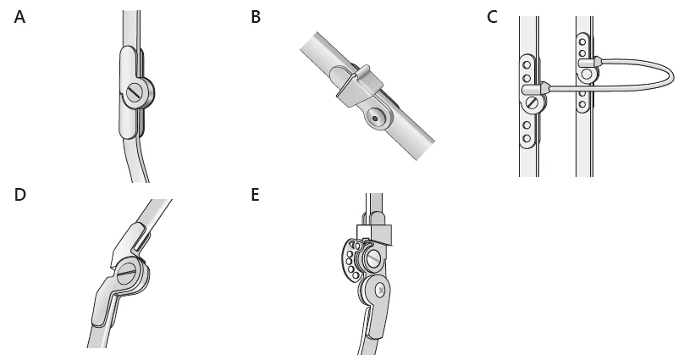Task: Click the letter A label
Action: point(19,18)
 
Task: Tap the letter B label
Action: point(256,18)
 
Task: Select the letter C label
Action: point(492,18)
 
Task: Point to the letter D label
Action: point(20,195)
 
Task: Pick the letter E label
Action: point(255,195)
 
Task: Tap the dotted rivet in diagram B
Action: point(375,118)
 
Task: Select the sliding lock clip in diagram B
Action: point(359,86)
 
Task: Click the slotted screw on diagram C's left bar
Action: point(532,103)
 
